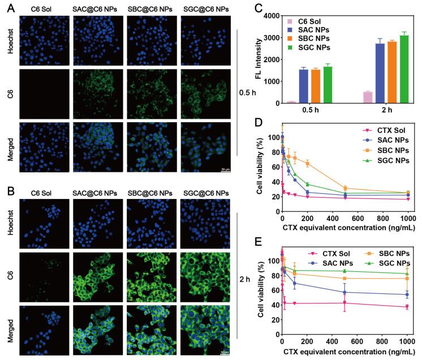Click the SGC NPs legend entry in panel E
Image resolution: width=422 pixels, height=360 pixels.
tap(386, 264)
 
